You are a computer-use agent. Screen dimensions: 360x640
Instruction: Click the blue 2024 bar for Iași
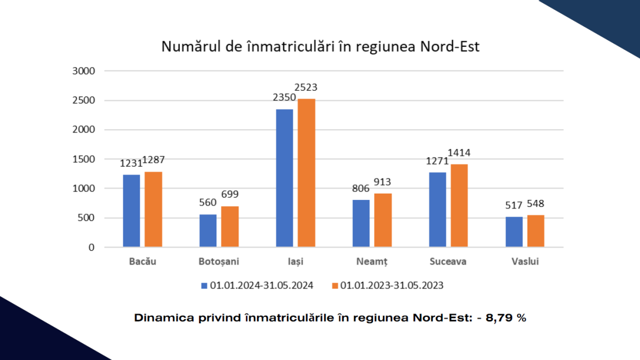pos(284,178)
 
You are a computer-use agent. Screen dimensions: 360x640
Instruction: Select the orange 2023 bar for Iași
pos(307,173)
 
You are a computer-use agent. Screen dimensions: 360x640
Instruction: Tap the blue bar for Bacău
pos(131,211)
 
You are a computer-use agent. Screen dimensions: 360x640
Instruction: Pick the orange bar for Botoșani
pos(230,227)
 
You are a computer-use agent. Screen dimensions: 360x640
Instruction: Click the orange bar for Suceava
pos(459,205)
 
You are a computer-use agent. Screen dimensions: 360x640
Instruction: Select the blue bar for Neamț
pos(361,223)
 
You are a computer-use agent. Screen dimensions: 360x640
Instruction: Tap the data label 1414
pos(459,154)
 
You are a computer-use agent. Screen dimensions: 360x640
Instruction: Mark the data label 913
pos(382,182)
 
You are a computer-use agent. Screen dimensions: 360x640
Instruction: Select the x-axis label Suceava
pos(448,262)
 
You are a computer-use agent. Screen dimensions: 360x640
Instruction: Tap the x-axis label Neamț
pos(372,262)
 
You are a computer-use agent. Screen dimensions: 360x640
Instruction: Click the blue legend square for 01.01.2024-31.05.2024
pos(204,286)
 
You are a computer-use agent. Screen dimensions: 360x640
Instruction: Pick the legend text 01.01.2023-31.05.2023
pos(393,286)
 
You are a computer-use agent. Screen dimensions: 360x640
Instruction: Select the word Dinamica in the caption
pos(158,318)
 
